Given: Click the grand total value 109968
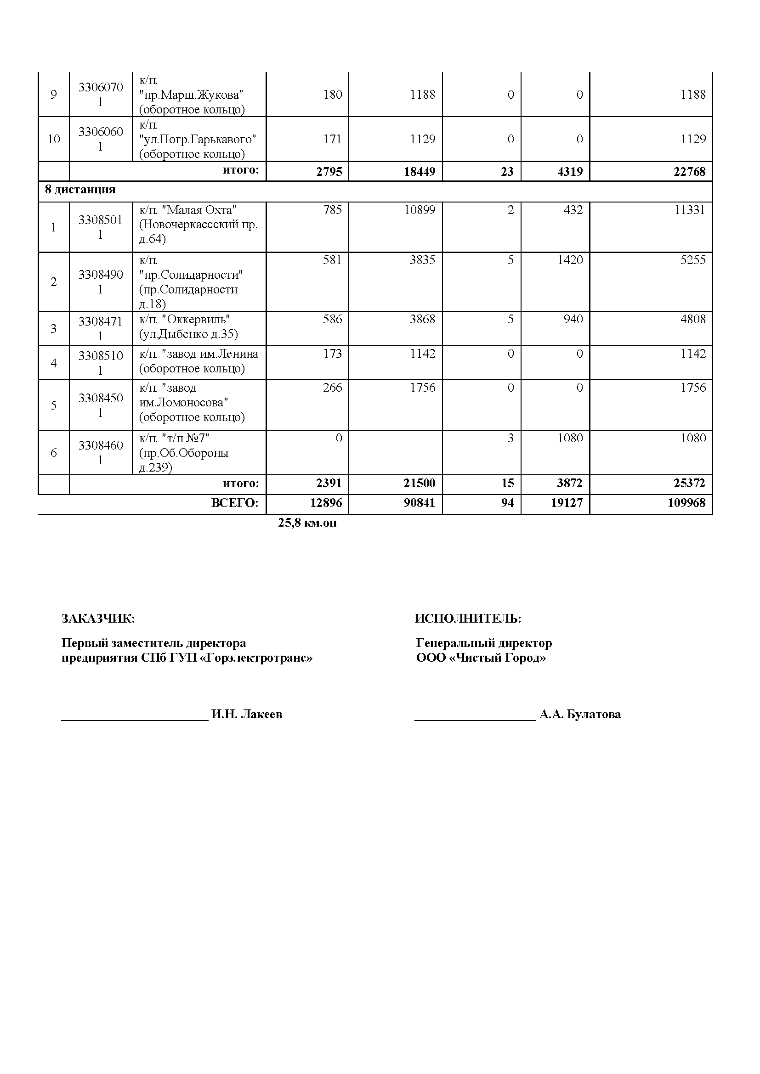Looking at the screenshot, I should coord(686,503).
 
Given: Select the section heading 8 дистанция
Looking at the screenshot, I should coord(80,190).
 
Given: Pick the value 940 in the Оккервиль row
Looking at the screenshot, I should coord(573,319).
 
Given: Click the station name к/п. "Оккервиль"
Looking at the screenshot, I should coord(184,319).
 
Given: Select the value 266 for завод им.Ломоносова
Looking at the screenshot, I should coord(332,388).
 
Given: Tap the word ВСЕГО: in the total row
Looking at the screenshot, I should coord(234,503).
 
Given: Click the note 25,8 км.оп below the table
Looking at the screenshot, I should coord(307,523).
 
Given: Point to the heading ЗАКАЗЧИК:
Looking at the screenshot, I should coord(98,619).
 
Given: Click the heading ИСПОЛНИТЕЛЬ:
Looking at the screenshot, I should coord(467,619).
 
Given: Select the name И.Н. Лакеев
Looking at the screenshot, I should coord(247,714).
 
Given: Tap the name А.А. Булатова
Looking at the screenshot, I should coord(580,714).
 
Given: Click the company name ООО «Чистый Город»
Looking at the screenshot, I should coord(481,658).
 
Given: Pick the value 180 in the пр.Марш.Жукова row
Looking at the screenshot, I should coord(332,95).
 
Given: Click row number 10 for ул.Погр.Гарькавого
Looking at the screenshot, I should coord(54,139).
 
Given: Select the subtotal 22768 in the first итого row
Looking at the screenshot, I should coord(689,172).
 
